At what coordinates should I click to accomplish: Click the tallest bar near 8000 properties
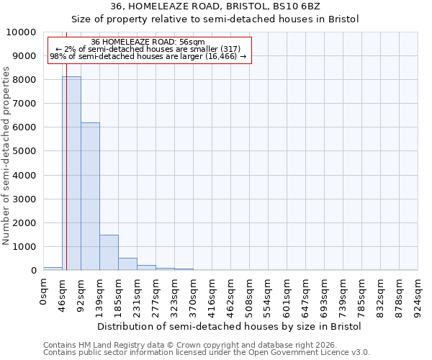[71, 173]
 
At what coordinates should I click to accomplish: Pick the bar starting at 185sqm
[127, 264]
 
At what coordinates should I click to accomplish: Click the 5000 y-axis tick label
[24, 151]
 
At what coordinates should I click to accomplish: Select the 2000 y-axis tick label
[24, 222]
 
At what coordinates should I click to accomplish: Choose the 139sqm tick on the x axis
[99, 296]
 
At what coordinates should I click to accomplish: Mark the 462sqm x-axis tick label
[230, 296]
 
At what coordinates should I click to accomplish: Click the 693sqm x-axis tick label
[324, 296]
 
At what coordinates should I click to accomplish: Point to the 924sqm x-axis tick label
[418, 296]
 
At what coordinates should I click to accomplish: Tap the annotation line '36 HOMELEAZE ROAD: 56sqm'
[148, 42]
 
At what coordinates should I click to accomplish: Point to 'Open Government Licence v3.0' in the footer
[309, 353]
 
